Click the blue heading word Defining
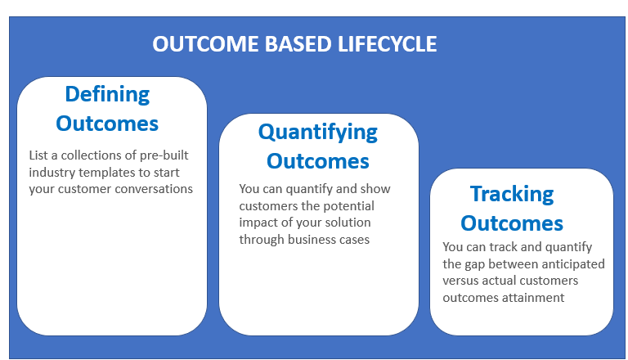coord(107,94)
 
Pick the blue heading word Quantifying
coord(318,132)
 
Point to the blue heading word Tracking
coord(512,194)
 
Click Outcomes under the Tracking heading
coord(512,223)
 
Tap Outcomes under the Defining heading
coord(107,124)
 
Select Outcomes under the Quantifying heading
coord(318,161)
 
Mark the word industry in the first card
coord(51,172)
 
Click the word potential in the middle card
coord(348,205)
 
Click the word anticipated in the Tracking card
coord(573,263)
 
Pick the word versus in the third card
coord(461,281)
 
